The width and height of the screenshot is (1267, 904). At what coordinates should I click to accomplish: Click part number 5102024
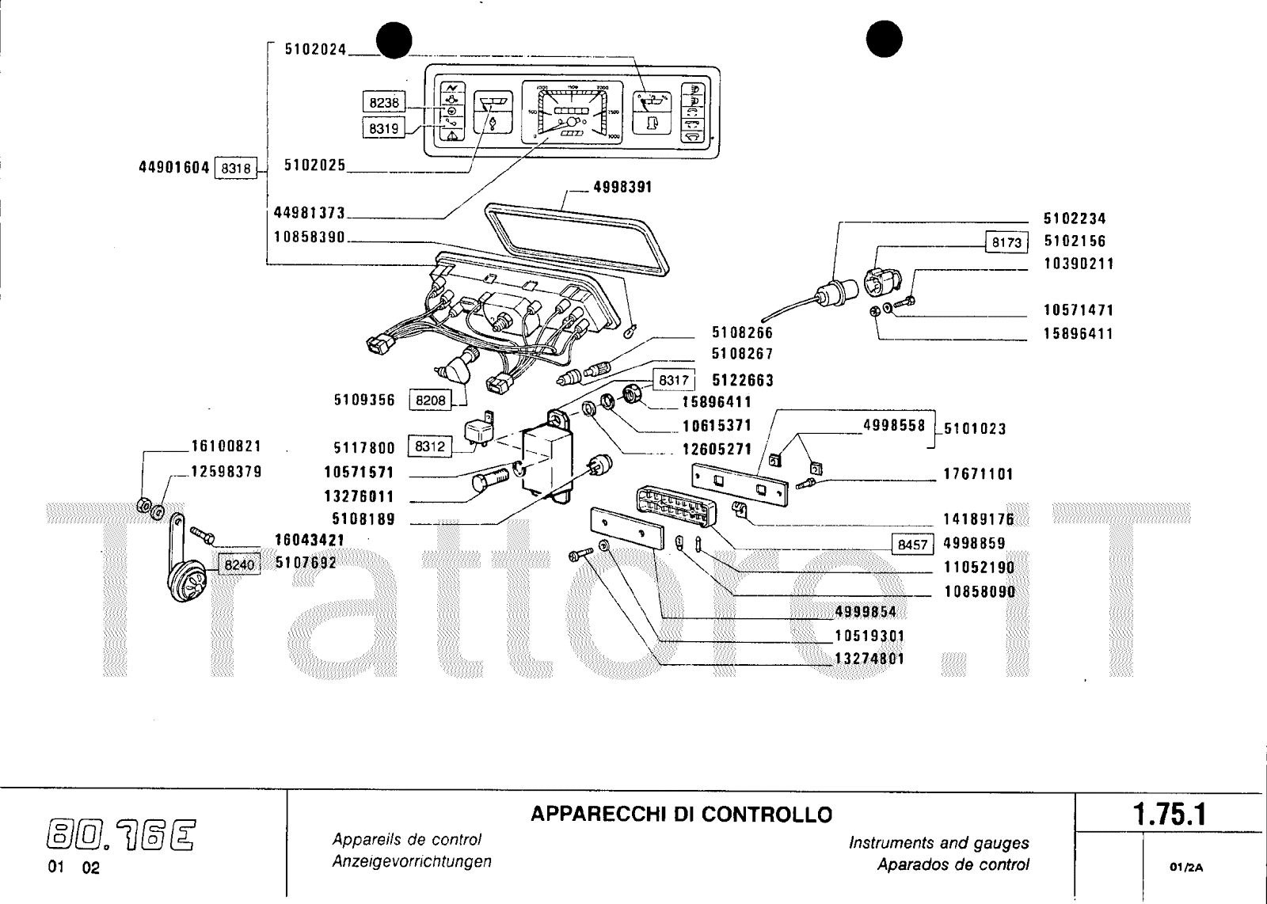coord(315,49)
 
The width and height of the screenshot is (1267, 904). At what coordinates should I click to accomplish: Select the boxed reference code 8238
coord(384,103)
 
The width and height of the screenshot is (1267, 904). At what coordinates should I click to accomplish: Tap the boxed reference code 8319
coord(384,128)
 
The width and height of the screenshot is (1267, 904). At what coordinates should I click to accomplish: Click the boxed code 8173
coord(1006,242)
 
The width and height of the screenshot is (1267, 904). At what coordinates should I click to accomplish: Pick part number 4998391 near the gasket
coord(622,188)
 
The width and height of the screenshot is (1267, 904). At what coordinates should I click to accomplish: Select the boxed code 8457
coord(912,545)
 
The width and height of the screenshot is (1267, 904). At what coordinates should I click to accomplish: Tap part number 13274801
coord(869,659)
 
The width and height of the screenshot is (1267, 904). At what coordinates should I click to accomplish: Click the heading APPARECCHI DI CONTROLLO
coord(681,814)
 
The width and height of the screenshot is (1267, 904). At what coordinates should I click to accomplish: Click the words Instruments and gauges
coord(938,843)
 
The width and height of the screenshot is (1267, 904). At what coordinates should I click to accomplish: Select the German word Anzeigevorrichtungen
coord(412,862)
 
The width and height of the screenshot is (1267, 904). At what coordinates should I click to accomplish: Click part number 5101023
coord(975,429)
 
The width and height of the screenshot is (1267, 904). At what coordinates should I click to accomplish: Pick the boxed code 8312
coord(430,447)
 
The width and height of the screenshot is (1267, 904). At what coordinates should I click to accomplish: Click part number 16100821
coord(226,446)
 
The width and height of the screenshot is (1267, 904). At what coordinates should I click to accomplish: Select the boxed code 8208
coord(430,401)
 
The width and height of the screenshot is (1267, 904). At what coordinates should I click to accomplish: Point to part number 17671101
coord(978,475)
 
